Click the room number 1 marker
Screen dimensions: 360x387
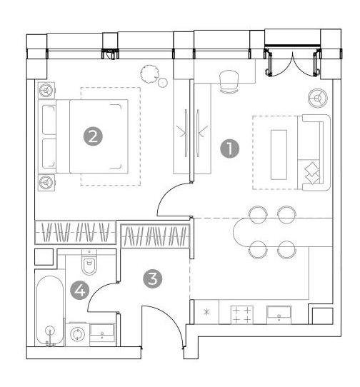[x=229, y=149]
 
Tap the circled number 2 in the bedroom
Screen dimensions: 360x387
[x=93, y=136]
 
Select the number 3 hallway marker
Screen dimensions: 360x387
[x=153, y=278]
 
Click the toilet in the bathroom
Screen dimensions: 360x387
[x=89, y=262]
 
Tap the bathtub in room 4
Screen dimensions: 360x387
[x=50, y=311]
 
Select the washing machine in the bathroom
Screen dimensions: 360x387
[x=77, y=334]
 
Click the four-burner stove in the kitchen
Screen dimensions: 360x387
[x=241, y=315]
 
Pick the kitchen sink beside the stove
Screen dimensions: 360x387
[x=279, y=314]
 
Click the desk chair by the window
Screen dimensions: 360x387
[x=229, y=81]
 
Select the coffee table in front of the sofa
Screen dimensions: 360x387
[x=279, y=155]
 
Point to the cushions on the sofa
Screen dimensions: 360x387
[x=312, y=173]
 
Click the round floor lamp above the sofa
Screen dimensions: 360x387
[x=318, y=98]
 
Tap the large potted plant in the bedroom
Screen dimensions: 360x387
[x=149, y=74]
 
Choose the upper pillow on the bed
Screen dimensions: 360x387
[x=49, y=120]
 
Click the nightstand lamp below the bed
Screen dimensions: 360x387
[x=46, y=183]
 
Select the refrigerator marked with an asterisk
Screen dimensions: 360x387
[x=206, y=312]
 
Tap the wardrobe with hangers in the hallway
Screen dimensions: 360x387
[x=155, y=236]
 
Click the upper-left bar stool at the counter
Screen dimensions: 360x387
[x=258, y=213]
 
